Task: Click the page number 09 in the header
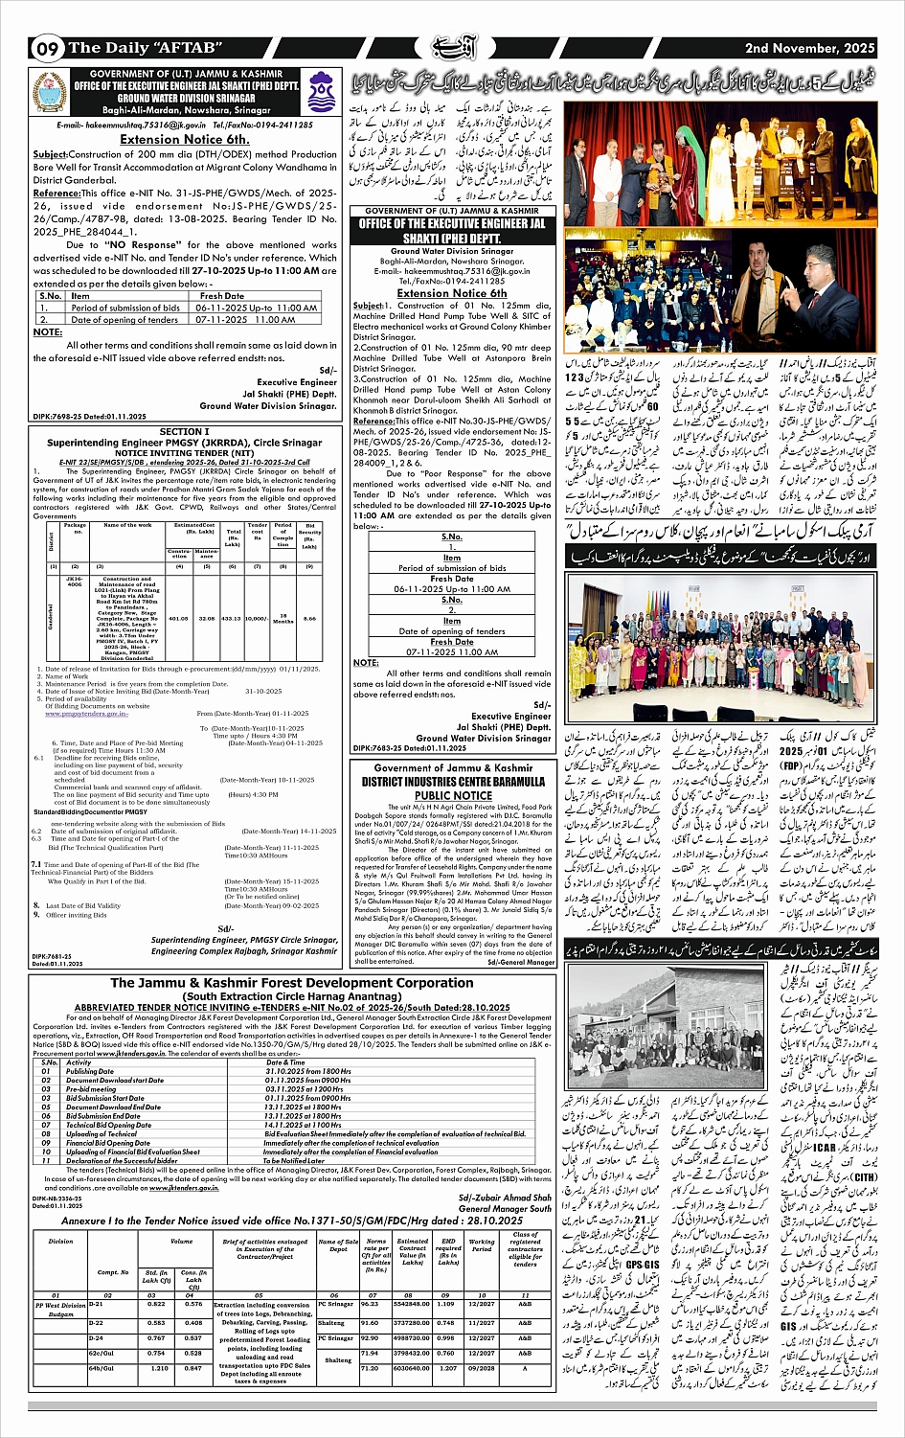click(x=47, y=48)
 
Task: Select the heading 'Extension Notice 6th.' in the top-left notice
click(x=185, y=139)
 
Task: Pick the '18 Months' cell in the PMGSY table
click(x=283, y=619)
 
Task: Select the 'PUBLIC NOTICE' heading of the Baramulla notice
click(x=453, y=795)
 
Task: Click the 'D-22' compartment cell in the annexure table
click(x=96, y=1322)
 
